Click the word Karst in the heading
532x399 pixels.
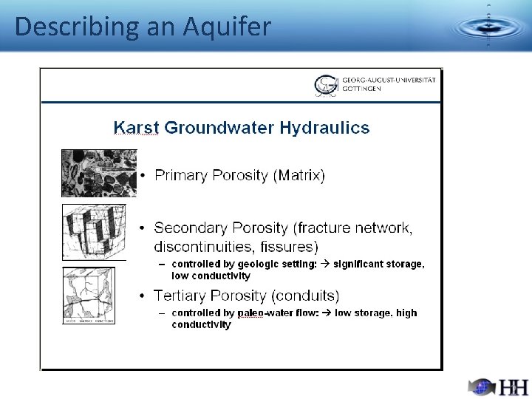(136, 128)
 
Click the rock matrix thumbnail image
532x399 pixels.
(98, 173)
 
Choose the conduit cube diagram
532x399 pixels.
(89, 296)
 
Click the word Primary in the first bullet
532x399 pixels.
(181, 175)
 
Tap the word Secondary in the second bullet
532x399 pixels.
(191, 228)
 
